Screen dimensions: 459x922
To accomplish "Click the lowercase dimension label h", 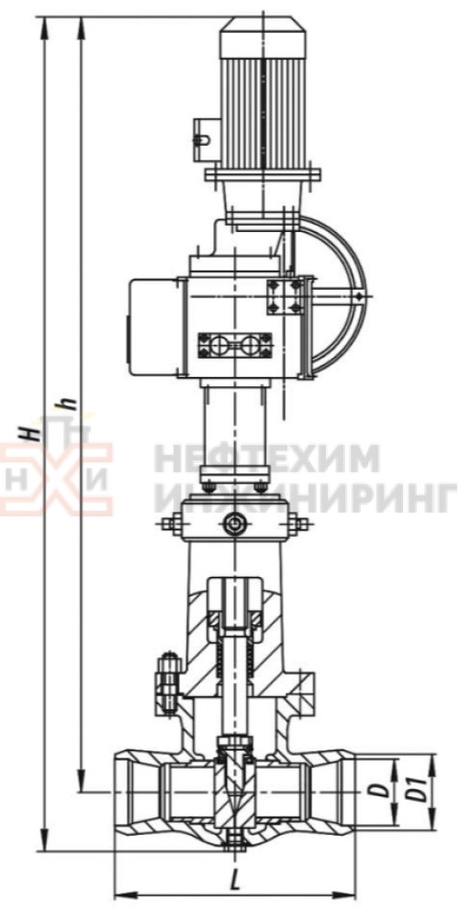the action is [x=69, y=404].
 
